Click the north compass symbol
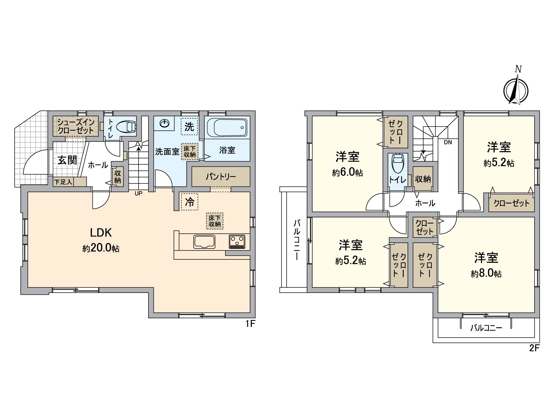[516, 91]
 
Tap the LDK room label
[101, 233]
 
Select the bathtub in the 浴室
[227, 128]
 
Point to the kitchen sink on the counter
[204, 242]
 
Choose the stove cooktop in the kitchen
[237, 242]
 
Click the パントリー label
[221, 177]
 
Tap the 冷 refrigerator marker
[189, 202]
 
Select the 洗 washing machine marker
[189, 127]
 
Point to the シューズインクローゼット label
[76, 127]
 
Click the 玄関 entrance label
[67, 160]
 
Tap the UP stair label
[138, 193]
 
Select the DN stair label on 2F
[448, 142]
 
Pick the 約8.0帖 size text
[486, 274]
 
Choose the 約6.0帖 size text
[347, 172]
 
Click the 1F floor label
[250, 324]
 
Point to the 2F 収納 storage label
[423, 179]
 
